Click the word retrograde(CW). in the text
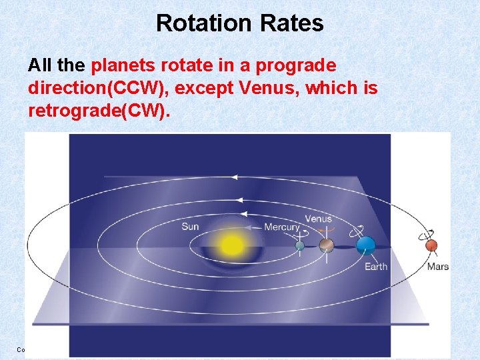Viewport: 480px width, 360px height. pyautogui.click(x=99, y=109)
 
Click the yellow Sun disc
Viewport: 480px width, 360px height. pyautogui.click(x=232, y=245)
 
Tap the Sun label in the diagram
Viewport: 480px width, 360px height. pyautogui.click(x=190, y=227)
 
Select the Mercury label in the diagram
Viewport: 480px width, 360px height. pyautogui.click(x=281, y=227)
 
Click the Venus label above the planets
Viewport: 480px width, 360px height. pyautogui.click(x=318, y=219)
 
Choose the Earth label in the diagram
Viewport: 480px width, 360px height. pyautogui.click(x=375, y=267)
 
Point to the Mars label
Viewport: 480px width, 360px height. pyautogui.click(x=438, y=267)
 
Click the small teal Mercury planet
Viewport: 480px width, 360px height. pyautogui.click(x=300, y=246)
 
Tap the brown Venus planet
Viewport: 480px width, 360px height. pyautogui.click(x=326, y=246)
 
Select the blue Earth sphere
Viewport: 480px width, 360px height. pyautogui.click(x=365, y=246)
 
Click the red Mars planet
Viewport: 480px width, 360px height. pyautogui.click(x=431, y=246)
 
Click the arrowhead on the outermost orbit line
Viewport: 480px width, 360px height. pyautogui.click(x=234, y=177)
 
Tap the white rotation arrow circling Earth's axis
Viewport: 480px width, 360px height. pyautogui.click(x=361, y=229)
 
